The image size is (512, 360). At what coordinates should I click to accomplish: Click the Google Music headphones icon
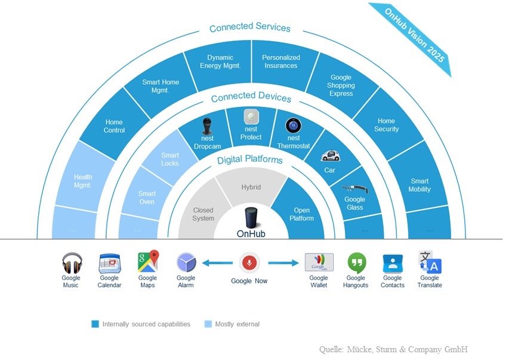pyautogui.click(x=72, y=263)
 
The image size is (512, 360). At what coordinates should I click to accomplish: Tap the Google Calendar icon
pyautogui.click(x=110, y=263)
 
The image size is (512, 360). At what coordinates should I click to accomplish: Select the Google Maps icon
pyautogui.click(x=148, y=261)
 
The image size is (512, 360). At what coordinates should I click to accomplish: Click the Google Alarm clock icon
pyautogui.click(x=186, y=263)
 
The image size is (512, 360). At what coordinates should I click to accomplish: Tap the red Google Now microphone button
pyautogui.click(x=249, y=263)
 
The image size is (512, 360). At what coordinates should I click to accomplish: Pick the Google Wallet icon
pyautogui.click(x=319, y=262)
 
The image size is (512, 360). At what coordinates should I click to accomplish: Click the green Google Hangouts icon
pyautogui.click(x=357, y=263)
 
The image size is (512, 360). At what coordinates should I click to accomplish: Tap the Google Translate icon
pyautogui.click(x=430, y=262)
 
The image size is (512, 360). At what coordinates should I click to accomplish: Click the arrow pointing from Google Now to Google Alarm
pyautogui.click(x=217, y=263)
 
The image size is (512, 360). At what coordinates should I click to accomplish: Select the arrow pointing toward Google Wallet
pyautogui.click(x=283, y=263)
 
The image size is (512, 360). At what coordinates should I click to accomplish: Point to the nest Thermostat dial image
pyautogui.click(x=293, y=126)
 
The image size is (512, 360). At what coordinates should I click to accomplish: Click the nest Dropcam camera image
pyautogui.click(x=207, y=126)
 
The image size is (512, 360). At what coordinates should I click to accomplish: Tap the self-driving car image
pyautogui.click(x=331, y=155)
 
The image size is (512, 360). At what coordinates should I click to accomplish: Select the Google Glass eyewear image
pyautogui.click(x=355, y=189)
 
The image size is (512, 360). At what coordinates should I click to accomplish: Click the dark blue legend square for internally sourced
pyautogui.click(x=95, y=324)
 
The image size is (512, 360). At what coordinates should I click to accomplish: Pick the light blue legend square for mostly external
pyautogui.click(x=208, y=324)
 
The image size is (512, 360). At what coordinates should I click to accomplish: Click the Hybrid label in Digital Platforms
pyautogui.click(x=251, y=187)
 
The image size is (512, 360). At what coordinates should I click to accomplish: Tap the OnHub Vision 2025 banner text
pyautogui.click(x=414, y=35)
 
